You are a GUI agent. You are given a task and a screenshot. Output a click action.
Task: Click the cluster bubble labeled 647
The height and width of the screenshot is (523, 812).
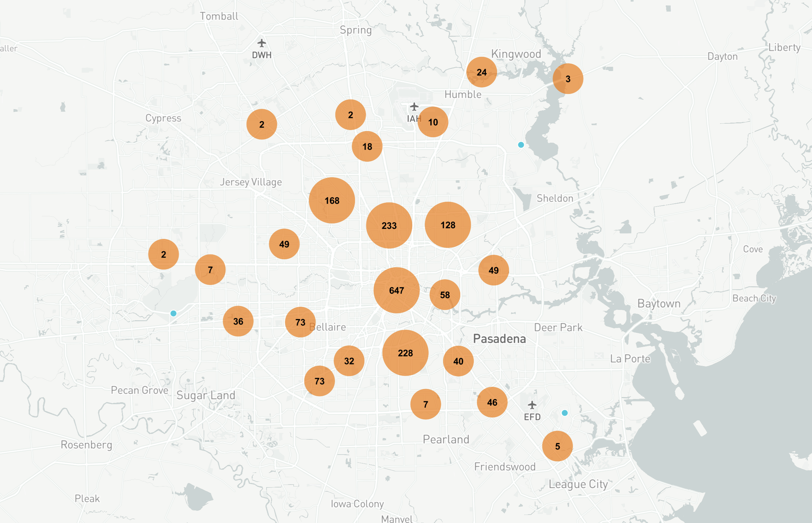tap(396, 290)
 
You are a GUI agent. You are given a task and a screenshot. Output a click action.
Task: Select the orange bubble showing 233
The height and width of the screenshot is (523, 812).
tap(389, 225)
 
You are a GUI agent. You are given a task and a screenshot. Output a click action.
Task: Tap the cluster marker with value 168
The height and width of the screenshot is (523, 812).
tap(332, 200)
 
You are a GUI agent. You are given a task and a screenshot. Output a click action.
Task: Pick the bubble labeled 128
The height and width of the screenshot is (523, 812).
tap(448, 225)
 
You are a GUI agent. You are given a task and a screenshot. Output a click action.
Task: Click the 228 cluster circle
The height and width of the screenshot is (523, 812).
tap(405, 353)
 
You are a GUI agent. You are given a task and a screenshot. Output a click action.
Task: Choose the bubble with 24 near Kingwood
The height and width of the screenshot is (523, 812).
tap(482, 72)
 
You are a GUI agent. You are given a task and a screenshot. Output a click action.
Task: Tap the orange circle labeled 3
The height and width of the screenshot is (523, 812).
tap(568, 79)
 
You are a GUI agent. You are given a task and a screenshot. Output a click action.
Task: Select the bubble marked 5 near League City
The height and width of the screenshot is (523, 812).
tap(557, 446)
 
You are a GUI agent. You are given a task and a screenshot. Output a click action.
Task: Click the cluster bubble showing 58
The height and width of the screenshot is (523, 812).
tap(445, 295)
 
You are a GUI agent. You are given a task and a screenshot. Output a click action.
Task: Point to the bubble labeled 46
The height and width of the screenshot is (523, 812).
tap(492, 403)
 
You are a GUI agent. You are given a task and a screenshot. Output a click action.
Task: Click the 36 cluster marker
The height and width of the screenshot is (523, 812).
tap(238, 321)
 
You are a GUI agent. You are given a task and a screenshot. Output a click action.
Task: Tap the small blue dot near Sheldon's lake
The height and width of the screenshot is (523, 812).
tap(521, 145)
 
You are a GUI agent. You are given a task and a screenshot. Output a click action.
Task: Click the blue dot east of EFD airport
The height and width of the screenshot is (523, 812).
tap(565, 413)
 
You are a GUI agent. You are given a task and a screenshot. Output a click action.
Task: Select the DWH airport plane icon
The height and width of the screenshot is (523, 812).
tap(261, 43)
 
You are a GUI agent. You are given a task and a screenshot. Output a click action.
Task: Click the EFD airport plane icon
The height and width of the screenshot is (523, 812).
tap(532, 405)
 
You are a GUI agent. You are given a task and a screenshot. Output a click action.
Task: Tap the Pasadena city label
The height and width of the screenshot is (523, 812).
tap(499, 339)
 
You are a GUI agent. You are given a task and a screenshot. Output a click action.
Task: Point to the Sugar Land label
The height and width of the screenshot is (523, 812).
tap(206, 395)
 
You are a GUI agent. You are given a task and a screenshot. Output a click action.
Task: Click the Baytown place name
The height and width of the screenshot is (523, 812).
tap(659, 303)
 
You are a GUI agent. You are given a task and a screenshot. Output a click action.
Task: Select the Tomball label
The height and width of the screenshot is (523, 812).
tap(219, 16)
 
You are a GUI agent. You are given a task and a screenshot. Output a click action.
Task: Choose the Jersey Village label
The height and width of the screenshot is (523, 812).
tap(251, 182)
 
